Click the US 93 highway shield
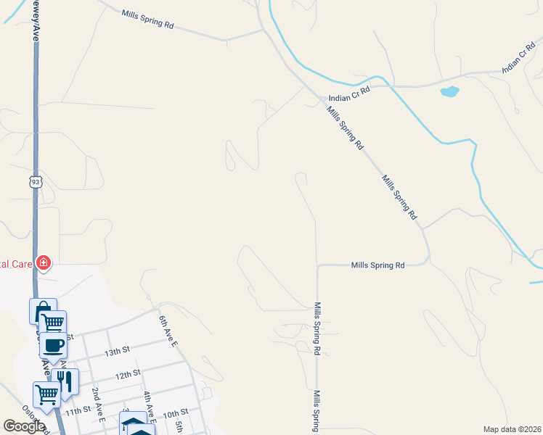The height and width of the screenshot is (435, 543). point(36,181)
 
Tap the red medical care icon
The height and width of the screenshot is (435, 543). point(44,262)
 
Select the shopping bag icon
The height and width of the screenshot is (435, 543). point(42,311)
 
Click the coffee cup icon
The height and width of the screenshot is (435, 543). point(53,345)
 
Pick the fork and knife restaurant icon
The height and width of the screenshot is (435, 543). point(65,381)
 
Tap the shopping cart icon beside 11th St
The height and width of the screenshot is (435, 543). point(46,395)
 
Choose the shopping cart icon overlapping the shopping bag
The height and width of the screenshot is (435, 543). point(52,323)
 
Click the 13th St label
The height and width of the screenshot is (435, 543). point(116,349)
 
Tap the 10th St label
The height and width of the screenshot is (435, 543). point(175,414)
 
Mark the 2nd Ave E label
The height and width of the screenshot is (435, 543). point(99,405)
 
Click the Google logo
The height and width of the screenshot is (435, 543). point(25,426)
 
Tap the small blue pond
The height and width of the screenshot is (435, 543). point(450,92)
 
